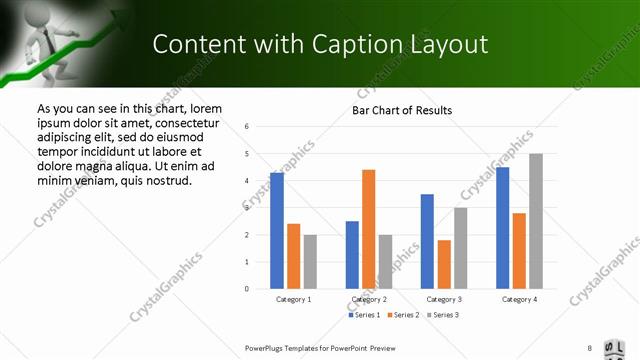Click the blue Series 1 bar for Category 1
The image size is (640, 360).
(x=277, y=231)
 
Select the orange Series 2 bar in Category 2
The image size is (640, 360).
(x=368, y=229)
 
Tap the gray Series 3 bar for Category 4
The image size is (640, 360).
(x=536, y=221)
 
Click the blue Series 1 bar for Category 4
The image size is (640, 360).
(x=502, y=228)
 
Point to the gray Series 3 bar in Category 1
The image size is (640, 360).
(x=310, y=262)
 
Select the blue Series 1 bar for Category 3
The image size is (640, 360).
(x=427, y=241)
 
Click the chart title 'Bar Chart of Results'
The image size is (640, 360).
(x=402, y=110)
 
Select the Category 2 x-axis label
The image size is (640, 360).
(x=369, y=299)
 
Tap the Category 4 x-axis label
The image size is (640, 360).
(x=519, y=299)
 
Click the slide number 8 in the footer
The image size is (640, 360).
(x=590, y=348)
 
